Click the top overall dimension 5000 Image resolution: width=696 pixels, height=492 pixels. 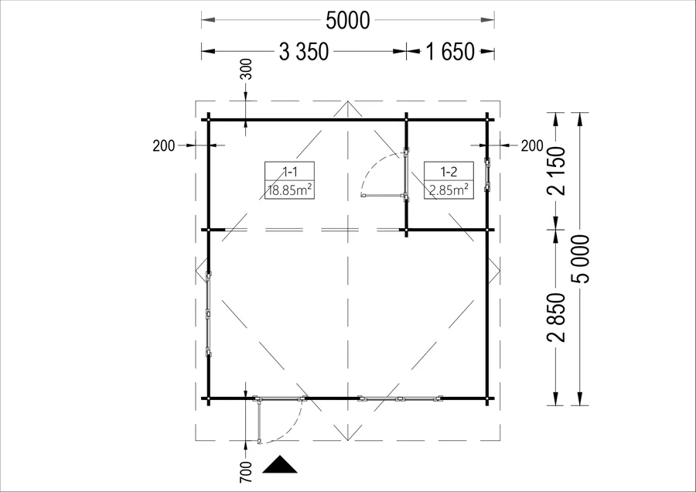pos(347,20)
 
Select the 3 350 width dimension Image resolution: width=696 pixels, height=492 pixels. pos(304,52)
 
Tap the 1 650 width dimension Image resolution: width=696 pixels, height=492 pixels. pos(450,52)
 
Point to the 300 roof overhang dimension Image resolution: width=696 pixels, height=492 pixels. pos(246,69)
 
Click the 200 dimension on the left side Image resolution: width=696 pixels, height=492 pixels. pos(164,145)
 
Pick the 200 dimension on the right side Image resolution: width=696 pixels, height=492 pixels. pos(532,145)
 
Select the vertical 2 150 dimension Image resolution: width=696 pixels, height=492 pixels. pos(557,171)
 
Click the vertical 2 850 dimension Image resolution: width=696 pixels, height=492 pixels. pos(557,317)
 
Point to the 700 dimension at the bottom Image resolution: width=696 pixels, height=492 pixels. pos(246,473)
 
